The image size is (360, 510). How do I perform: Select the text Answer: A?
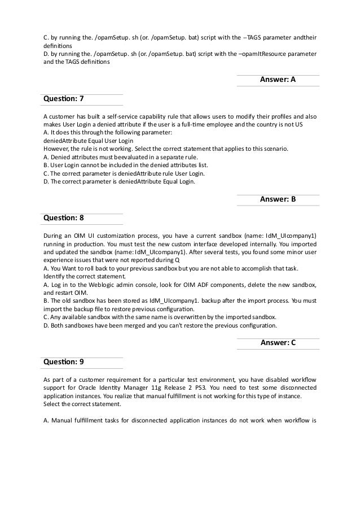pyautogui.click(x=278, y=80)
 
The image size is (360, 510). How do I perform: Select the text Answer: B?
pyautogui.click(x=278, y=199)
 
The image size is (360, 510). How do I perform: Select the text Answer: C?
pyautogui.click(x=278, y=342)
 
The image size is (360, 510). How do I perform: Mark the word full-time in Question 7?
pyautogui.click(x=210, y=124)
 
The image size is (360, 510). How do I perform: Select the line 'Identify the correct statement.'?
pyautogui.click(x=82, y=277)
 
